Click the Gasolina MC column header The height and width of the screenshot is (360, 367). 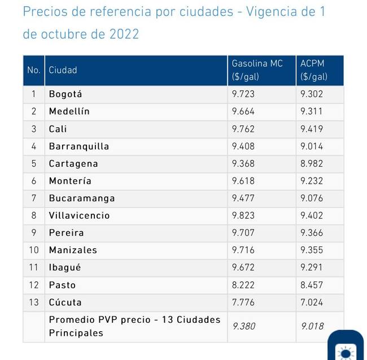coord(257,70)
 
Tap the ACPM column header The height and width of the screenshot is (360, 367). coord(313,70)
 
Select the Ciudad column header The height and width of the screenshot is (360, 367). coord(63,70)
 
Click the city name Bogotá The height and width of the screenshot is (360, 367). coord(65,94)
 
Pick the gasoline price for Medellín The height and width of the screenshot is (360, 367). coord(243,111)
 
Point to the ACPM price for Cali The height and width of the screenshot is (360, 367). coord(312,129)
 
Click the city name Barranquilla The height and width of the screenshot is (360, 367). coord(79,146)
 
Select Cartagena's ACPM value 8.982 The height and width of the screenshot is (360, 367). coord(312,163)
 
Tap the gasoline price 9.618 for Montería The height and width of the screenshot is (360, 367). coord(243,181)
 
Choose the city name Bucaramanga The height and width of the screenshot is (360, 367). coord(82,198)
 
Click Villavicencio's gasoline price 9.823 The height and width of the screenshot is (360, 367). coord(243,215)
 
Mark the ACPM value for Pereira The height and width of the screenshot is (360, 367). coord(312,233)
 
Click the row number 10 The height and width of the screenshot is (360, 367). coord(34,250)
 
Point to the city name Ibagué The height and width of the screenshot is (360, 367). coord(65,267)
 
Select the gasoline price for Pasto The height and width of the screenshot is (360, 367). coord(243,285)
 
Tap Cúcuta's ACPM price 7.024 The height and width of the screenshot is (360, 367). coord(312,302)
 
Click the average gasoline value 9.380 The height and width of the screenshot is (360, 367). coord(243,326)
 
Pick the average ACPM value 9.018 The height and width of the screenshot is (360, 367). coord(312,326)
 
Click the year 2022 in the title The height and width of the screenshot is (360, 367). coord(123,34)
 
